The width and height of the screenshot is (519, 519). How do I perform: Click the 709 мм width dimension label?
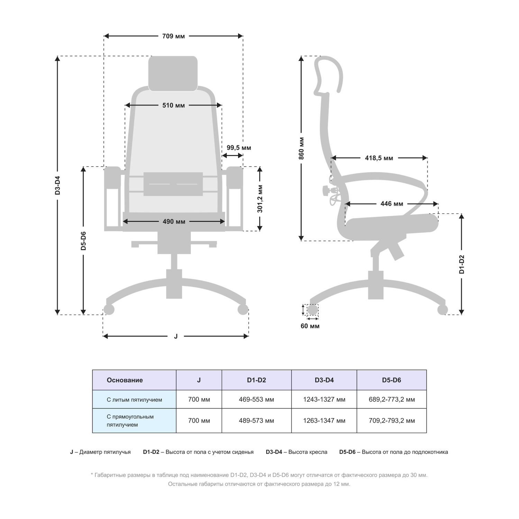173,36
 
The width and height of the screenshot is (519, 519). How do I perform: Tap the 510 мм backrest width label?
173,105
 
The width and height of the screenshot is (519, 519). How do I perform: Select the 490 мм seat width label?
174,221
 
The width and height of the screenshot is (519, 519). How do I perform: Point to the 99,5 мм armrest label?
239,148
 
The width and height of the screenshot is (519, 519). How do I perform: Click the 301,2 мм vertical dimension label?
260,199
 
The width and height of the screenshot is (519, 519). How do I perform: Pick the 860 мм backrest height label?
301,148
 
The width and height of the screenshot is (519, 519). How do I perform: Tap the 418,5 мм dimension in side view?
379,158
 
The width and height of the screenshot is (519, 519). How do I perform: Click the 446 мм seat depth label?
392,204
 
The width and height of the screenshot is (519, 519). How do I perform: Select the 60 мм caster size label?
310,326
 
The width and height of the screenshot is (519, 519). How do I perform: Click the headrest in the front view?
173,73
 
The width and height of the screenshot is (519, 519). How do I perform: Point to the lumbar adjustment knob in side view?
326,190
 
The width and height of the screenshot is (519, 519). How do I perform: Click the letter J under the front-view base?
176,336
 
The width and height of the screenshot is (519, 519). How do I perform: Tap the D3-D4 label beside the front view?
57,185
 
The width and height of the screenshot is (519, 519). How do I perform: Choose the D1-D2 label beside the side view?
462,264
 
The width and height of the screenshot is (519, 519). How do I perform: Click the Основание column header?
125,380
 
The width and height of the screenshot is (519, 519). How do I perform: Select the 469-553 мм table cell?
256,399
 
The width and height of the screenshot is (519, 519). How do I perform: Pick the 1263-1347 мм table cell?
324,421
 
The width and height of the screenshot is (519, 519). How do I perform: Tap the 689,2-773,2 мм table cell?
392,399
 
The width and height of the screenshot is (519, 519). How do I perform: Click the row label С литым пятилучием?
134,400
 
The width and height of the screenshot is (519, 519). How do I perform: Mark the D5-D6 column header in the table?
392,380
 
